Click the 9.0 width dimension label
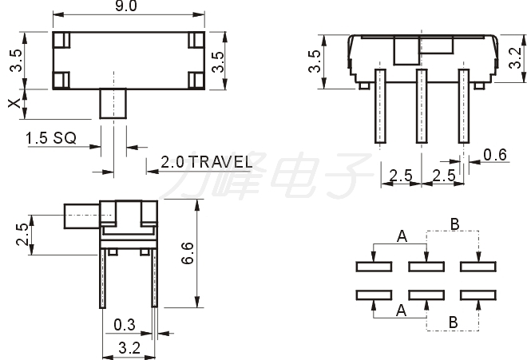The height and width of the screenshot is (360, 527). (x=126, y=6)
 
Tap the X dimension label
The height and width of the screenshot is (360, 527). (x=15, y=104)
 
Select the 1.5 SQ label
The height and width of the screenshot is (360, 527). (x=51, y=138)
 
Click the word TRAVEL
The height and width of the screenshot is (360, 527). (x=222, y=162)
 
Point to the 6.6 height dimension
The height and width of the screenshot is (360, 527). (x=188, y=253)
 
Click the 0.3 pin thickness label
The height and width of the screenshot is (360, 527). (x=125, y=325)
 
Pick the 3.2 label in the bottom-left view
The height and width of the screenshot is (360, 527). (x=129, y=348)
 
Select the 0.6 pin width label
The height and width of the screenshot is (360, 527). (x=495, y=155)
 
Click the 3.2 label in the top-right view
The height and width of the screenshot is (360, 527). (x=516, y=58)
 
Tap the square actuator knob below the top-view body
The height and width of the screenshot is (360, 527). (x=113, y=104)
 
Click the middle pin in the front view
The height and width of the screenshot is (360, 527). (x=422, y=106)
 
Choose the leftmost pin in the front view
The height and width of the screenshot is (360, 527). (x=380, y=106)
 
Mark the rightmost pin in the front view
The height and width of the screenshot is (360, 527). (x=464, y=106)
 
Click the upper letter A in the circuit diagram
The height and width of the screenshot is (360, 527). (x=402, y=236)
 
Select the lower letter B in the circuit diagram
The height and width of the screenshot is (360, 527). (x=453, y=322)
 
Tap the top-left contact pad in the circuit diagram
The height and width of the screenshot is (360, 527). (x=374, y=267)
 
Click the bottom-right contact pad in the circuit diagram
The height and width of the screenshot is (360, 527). (x=478, y=295)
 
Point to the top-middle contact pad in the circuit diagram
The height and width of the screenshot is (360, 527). (x=426, y=267)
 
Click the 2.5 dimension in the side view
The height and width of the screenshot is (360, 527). (x=22, y=235)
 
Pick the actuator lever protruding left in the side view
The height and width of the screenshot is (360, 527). (x=81, y=216)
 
